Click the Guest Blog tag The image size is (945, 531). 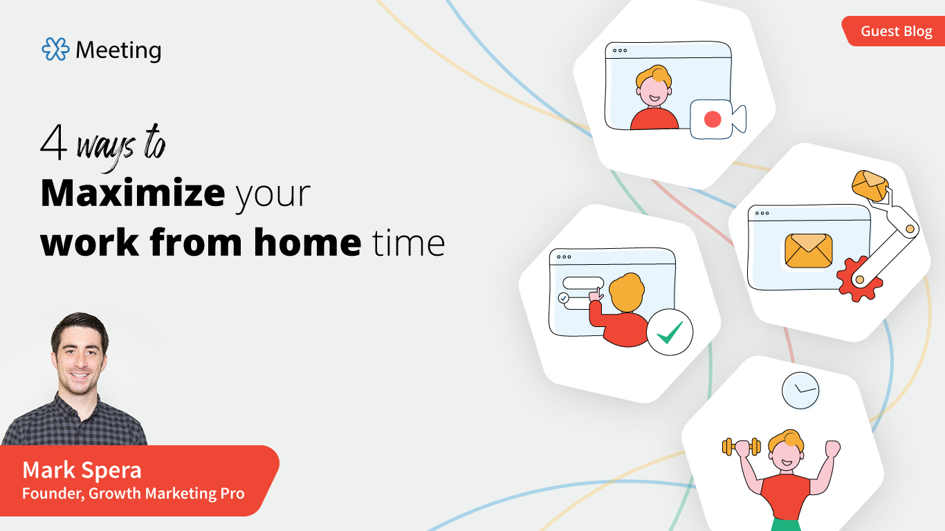(x=896, y=32)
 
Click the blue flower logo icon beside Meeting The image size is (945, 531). (x=55, y=49)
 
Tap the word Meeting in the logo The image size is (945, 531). (x=118, y=50)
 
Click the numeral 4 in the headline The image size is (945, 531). (x=53, y=144)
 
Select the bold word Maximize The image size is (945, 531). (x=132, y=194)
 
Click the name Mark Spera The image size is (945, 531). (x=82, y=470)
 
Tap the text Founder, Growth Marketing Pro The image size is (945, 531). (x=133, y=494)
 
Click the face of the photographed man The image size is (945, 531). (x=80, y=359)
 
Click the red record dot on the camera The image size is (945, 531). (x=712, y=120)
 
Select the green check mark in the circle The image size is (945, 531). (x=670, y=333)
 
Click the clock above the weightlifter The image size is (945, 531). (x=800, y=390)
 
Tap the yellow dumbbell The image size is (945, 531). (x=741, y=447)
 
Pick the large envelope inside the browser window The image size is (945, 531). (x=809, y=250)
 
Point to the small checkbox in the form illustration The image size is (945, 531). (x=563, y=298)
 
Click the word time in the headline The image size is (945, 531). (x=408, y=242)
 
